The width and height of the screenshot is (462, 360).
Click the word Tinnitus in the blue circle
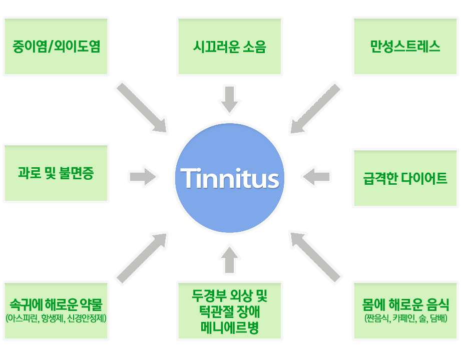pos(230,178)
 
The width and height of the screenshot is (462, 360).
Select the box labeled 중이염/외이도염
pos(56,48)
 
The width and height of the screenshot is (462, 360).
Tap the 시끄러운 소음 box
pos(230,48)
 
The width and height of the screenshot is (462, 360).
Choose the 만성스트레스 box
pos(405,48)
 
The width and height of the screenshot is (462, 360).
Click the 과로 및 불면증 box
pos(56,174)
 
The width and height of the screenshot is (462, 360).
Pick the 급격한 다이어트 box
pos(405,178)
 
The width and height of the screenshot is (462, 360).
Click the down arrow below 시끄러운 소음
pos(230,99)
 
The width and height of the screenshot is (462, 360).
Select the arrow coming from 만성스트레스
pos(315,109)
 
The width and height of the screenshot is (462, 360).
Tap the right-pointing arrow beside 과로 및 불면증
pos(143,177)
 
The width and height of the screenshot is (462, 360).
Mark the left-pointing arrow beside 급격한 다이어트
pos(316,176)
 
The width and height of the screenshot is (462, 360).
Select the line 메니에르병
pos(230,329)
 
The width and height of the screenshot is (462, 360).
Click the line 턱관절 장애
pos(230,316)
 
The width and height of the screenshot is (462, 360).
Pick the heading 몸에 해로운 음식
pos(405,304)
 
